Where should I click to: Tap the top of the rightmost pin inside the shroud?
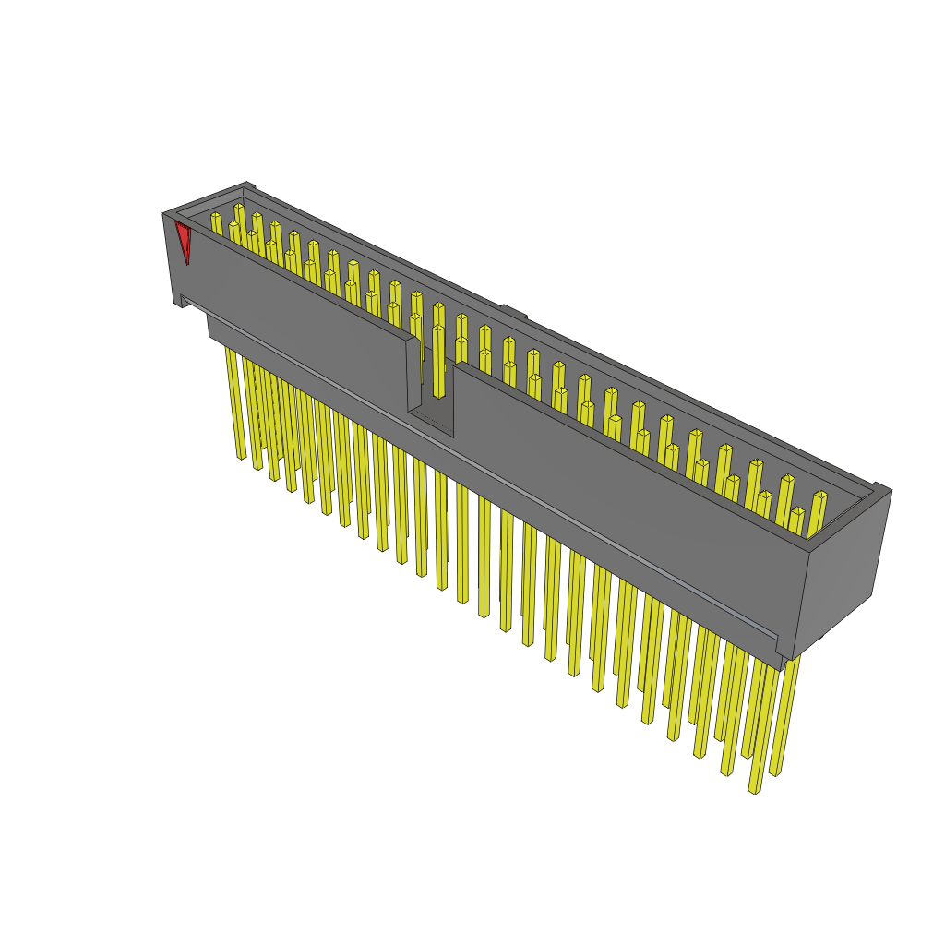pos(820,496)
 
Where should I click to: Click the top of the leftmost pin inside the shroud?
pos(216,217)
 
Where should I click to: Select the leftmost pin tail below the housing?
pos(235,406)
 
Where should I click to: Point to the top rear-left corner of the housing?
pos(247,185)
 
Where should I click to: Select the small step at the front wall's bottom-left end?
pos(185,301)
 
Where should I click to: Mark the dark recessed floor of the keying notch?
pos(432,420)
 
